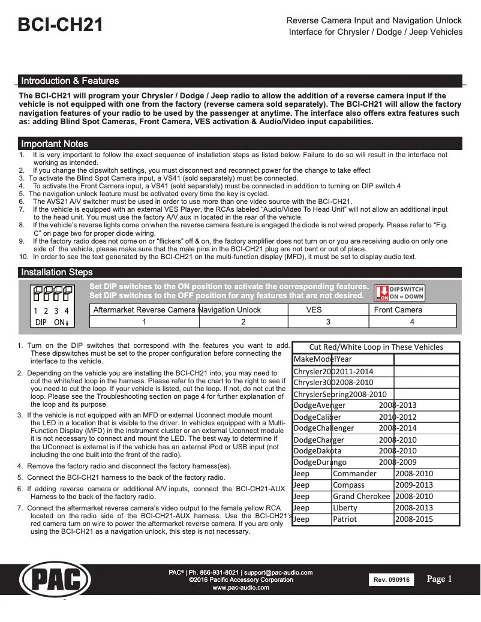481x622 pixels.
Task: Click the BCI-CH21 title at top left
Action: click(61, 26)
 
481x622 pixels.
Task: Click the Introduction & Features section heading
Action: click(70, 81)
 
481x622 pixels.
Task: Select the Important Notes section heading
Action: click(55, 144)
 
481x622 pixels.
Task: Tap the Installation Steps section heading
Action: click(57, 272)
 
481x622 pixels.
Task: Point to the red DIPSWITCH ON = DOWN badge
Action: click(399, 292)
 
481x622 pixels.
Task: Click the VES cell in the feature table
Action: click(314, 310)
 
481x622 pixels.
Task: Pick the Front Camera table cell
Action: click(398, 310)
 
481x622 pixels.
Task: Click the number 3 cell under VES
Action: click(328, 322)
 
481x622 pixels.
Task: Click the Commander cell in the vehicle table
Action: click(354, 474)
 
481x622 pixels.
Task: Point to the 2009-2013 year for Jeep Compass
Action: click(414, 485)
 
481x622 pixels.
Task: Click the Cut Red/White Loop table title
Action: click(376, 347)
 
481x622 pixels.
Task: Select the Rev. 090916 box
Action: click(392, 580)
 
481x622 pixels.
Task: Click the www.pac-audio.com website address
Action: click(241, 588)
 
